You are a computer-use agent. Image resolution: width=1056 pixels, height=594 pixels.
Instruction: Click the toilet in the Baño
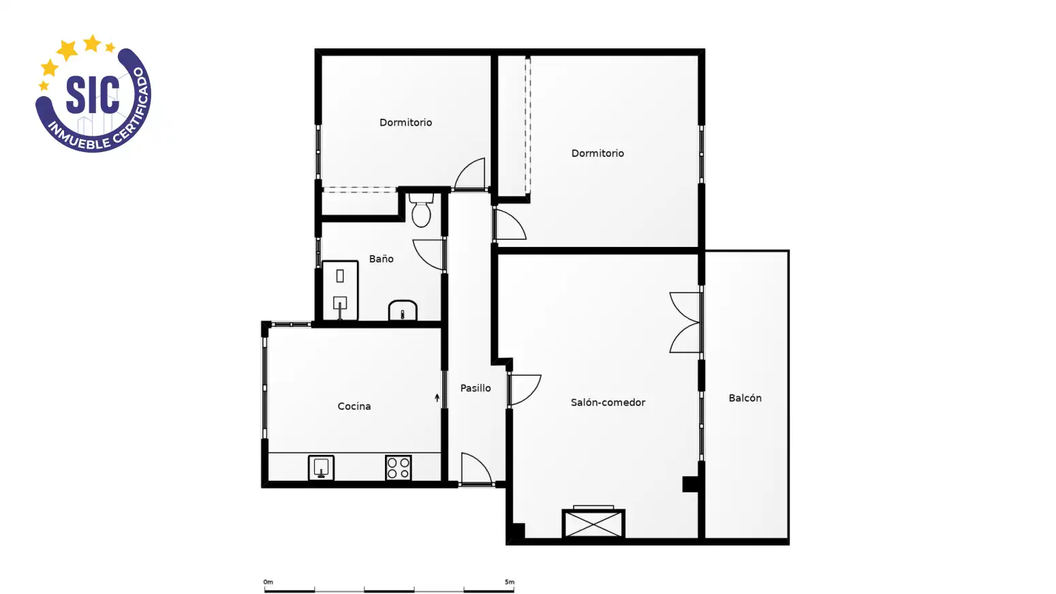(421, 210)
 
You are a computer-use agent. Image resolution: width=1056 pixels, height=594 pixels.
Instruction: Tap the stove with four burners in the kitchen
(399, 468)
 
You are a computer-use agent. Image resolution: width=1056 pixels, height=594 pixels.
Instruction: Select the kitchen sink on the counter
(321, 468)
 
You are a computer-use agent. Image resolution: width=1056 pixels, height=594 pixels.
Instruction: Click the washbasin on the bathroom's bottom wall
(403, 310)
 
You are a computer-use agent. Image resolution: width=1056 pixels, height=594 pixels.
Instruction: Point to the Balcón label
(745, 398)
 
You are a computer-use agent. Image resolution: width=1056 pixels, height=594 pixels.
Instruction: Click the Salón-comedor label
(608, 402)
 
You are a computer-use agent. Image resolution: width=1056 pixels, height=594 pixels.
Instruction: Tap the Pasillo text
(476, 388)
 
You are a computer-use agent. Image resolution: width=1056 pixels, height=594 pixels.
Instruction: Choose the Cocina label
(354, 406)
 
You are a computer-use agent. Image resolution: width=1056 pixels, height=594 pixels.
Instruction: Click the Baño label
(381, 258)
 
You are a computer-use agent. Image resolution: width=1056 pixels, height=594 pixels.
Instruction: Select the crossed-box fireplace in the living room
(593, 523)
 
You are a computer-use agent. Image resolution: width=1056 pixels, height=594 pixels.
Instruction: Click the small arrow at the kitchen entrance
(437, 398)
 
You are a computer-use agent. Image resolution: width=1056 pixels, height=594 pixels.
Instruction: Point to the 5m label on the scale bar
(509, 582)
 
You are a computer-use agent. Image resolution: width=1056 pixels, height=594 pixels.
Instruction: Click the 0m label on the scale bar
(268, 582)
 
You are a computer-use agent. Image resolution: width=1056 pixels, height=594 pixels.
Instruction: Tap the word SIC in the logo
(93, 95)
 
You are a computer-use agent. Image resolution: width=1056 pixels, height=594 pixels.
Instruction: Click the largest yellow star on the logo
(67, 50)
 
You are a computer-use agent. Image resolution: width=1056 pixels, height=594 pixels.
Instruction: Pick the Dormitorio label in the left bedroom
(405, 123)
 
